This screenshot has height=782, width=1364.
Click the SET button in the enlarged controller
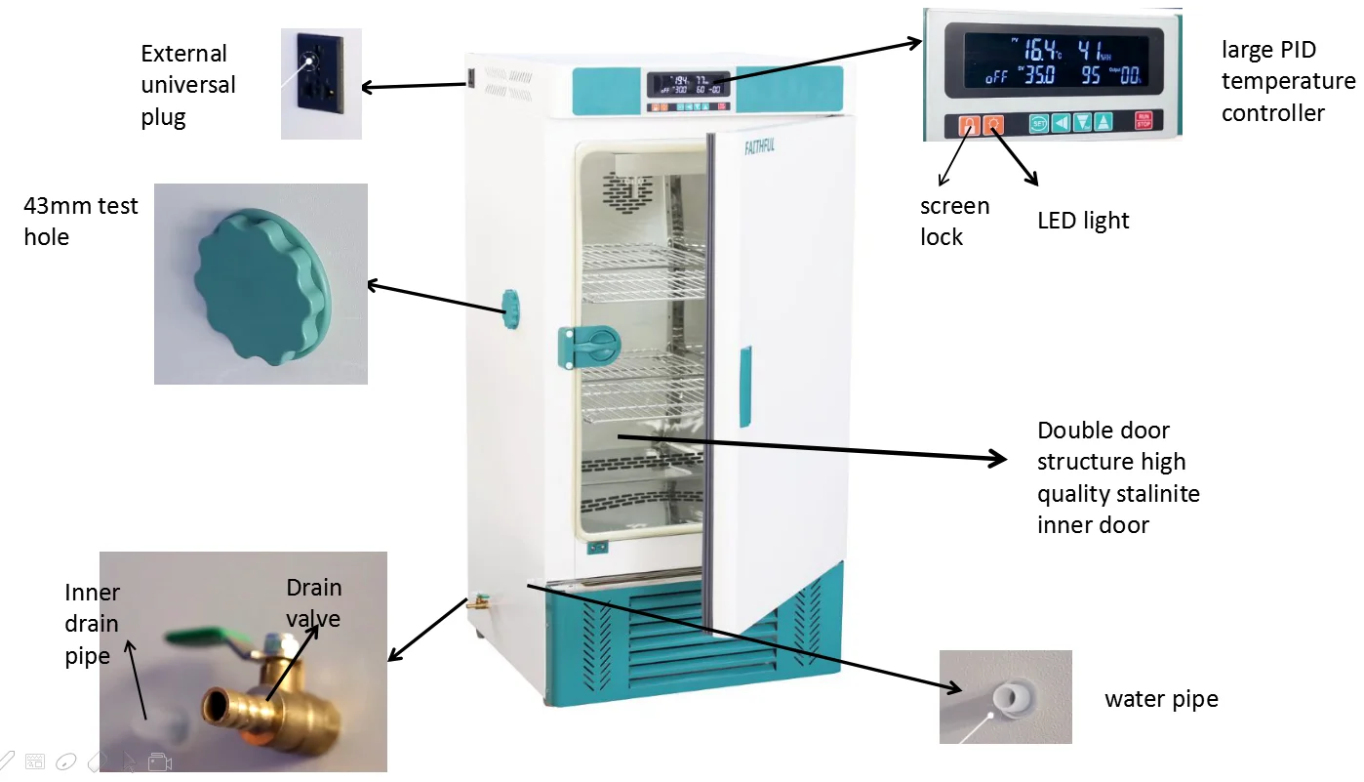pyautogui.click(x=1038, y=124)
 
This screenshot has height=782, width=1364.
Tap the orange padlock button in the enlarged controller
pyautogui.click(x=970, y=124)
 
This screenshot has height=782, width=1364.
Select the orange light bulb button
pyautogui.click(x=993, y=124)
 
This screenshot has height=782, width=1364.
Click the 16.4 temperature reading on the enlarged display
pyautogui.click(x=1040, y=49)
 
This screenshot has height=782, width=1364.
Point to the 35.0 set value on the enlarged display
pyautogui.click(x=1040, y=75)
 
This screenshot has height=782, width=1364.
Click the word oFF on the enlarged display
pyautogui.click(x=996, y=77)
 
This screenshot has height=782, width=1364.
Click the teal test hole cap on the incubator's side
pyautogui.click(x=510, y=309)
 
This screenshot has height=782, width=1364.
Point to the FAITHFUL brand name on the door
pyautogui.click(x=759, y=146)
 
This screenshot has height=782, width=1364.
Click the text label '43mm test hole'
pyautogui.click(x=81, y=222)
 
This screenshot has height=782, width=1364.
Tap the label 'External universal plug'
pyautogui.click(x=188, y=85)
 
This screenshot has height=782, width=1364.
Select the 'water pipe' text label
pyautogui.click(x=1161, y=699)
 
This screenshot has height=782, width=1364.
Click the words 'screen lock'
pyautogui.click(x=955, y=222)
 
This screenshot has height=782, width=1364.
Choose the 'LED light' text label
pyautogui.click(x=1083, y=221)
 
